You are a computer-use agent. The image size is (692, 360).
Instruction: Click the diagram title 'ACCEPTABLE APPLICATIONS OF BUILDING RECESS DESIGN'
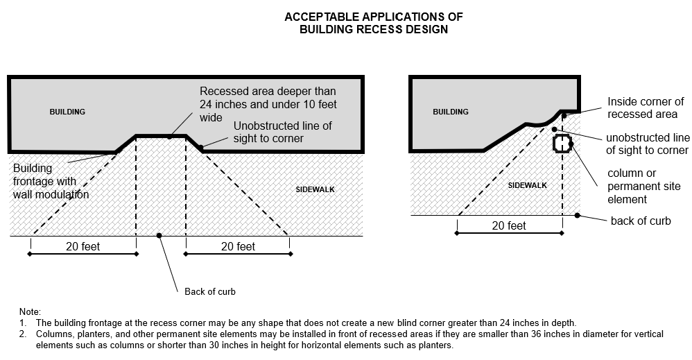[374, 23]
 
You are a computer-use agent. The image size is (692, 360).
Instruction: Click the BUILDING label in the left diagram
[67, 112]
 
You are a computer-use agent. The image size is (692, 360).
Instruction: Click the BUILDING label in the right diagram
[451, 112]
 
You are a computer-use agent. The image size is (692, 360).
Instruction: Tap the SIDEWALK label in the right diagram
[528, 185]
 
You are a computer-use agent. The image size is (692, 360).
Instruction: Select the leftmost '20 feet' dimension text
[83, 246]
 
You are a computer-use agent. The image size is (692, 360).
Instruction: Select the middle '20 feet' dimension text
[237, 246]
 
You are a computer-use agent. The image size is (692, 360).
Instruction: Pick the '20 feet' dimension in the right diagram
[509, 225]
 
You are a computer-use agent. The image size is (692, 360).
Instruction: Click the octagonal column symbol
[561, 144]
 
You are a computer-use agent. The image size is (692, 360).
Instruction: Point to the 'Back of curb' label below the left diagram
[210, 291]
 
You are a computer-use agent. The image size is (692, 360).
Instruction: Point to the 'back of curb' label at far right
[641, 221]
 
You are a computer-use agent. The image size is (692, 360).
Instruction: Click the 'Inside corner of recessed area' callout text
[645, 108]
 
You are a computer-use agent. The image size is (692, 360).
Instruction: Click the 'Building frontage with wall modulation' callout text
[51, 181]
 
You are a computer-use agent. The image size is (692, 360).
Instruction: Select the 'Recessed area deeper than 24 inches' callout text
[267, 103]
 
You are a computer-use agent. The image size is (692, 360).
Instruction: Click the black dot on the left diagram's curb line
[159, 236]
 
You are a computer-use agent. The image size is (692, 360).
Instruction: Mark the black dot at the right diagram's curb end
[578, 215]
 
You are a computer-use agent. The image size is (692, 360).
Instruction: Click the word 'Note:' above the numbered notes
[31, 312]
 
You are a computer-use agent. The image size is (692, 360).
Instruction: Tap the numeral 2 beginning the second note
[22, 334]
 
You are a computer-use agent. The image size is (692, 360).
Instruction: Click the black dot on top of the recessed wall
[169, 136]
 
